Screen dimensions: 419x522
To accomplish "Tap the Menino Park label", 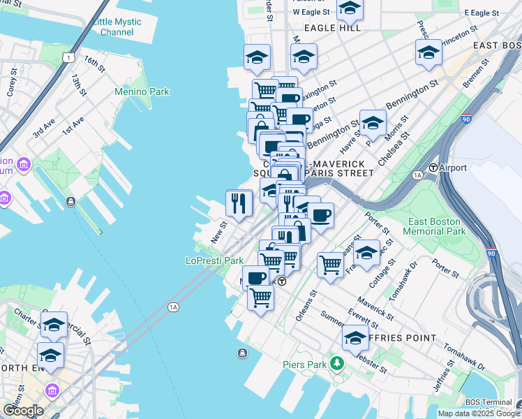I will [x=142, y=91].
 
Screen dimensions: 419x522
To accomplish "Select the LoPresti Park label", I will [x=214, y=260].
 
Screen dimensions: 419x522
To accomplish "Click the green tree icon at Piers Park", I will [x=338, y=364].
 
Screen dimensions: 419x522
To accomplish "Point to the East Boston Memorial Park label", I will [x=436, y=226].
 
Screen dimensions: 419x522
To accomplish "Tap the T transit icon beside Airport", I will [x=433, y=168].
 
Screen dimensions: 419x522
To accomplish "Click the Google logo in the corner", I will [x=22, y=411].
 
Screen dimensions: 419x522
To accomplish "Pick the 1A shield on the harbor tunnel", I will [x=174, y=307].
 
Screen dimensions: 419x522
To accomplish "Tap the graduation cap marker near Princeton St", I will [x=428, y=52].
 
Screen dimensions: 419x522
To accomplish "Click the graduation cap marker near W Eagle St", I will [x=350, y=10].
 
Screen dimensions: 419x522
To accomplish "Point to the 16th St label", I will [x=94, y=64].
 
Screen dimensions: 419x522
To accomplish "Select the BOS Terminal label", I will [x=495, y=402].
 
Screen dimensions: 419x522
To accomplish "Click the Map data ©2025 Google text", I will [x=479, y=413].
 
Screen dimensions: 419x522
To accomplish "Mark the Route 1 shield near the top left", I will [x=67, y=56].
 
